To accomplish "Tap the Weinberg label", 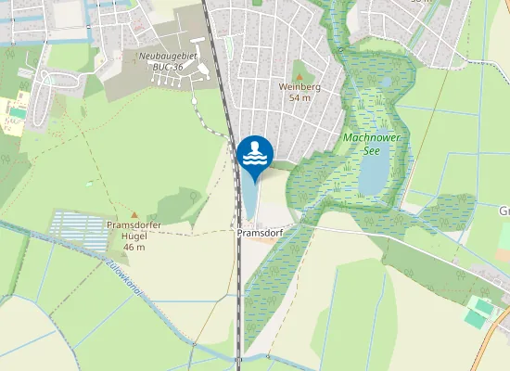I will (x=299, y=86).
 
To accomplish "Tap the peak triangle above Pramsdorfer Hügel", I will (x=134, y=214).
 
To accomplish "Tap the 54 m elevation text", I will (x=299, y=97).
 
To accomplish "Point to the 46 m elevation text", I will (x=135, y=248).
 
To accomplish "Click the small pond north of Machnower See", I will (x=384, y=82).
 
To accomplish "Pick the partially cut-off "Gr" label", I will (x=504, y=211).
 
